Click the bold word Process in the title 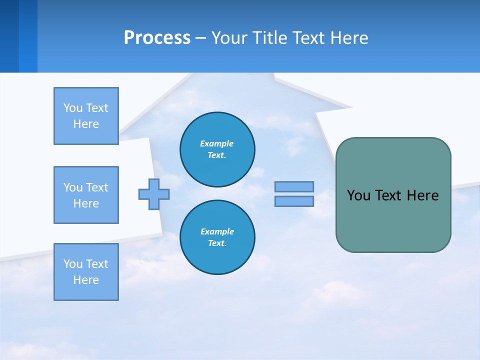point(157,38)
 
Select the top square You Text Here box point(86,116)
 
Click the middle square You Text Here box point(86,195)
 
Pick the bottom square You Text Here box point(86,272)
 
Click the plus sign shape point(154,194)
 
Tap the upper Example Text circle point(217,149)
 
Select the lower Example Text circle point(217,237)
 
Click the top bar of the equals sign point(294,186)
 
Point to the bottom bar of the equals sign point(294,201)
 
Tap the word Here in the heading point(350,38)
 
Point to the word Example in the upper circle point(217,143)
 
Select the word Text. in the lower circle point(217,243)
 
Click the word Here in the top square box point(86,124)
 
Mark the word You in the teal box point(358,195)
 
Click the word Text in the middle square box point(96,187)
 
